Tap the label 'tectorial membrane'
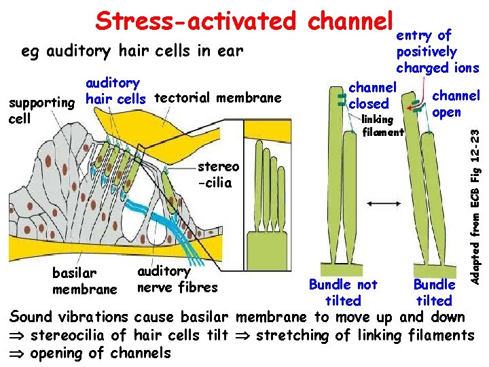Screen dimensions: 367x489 point(218,98)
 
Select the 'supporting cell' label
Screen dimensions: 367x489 point(39,110)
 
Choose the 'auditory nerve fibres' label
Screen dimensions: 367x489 point(177,279)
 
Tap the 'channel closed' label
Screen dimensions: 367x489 point(372,96)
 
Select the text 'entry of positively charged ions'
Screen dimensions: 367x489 point(437,52)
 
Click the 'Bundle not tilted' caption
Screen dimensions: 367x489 point(343,292)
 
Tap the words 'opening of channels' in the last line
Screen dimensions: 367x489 point(101,353)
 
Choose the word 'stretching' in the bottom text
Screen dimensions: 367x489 point(293,335)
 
